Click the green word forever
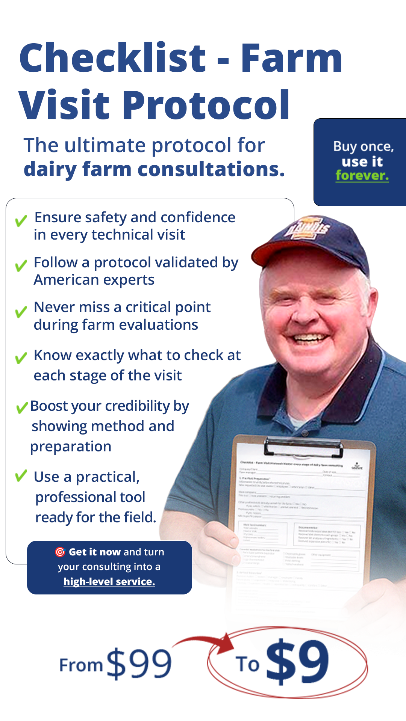[362, 175]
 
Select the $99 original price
[139, 664]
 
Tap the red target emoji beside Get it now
[60, 552]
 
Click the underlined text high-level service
[109, 581]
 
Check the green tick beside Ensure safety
[21, 220]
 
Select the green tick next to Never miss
[21, 311]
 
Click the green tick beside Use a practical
[21, 475]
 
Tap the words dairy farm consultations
[154, 169]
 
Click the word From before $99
[81, 665]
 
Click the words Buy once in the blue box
[363, 146]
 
